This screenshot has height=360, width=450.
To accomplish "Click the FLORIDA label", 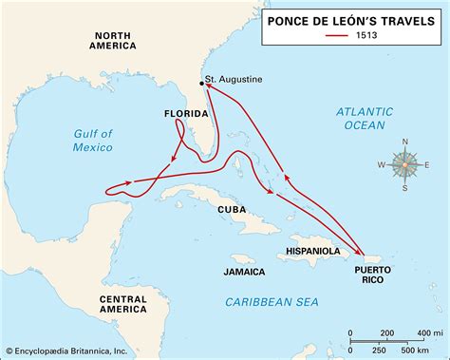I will [x=187, y=114].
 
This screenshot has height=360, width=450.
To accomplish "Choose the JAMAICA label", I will [x=244, y=272].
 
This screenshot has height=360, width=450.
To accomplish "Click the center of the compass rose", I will [x=406, y=163].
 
